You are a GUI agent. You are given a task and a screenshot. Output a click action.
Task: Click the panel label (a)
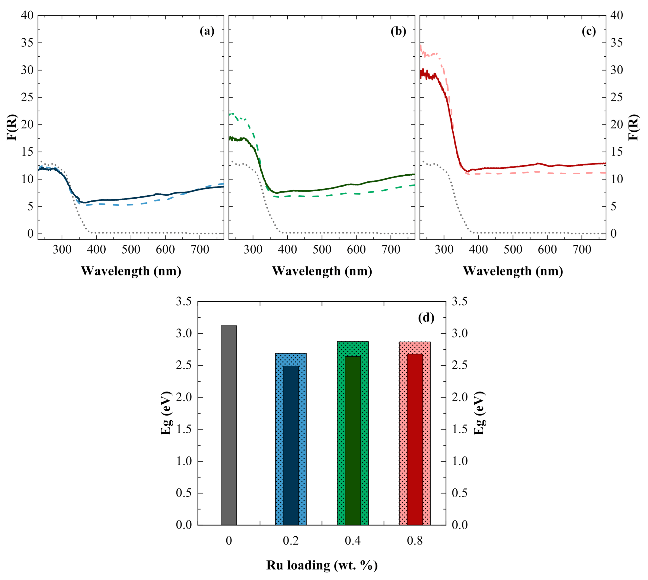(207, 31)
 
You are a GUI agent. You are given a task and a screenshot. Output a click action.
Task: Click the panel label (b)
(398, 31)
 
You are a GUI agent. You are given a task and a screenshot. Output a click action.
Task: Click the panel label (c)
(589, 31)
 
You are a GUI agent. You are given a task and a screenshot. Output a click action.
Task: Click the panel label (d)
(426, 317)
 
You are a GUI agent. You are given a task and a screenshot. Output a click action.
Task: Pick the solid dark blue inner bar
(291, 446)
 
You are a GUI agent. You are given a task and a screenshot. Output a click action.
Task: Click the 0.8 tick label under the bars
(415, 541)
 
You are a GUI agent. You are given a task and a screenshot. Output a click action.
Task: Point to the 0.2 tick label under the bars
(291, 541)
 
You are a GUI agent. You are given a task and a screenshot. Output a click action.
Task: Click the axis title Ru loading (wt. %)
(322, 565)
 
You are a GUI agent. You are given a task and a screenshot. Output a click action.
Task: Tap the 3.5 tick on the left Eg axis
(184, 302)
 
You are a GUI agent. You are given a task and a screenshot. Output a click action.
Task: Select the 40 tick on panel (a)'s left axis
(27, 15)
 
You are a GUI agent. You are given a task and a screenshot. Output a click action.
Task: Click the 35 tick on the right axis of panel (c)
(617, 43)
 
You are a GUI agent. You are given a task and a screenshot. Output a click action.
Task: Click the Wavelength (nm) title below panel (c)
(513, 271)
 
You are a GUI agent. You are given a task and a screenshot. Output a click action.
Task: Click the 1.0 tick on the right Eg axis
(460, 461)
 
